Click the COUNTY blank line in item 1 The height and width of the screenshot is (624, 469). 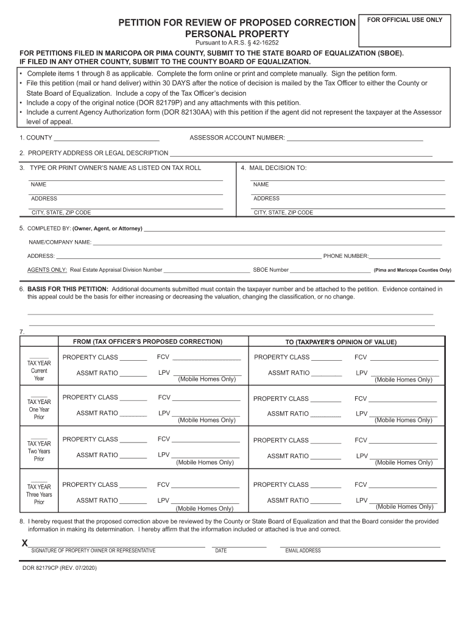[x=107, y=138]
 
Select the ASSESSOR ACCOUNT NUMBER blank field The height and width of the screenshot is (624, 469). [x=354, y=138]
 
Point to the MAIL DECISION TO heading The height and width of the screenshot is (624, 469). [x=277, y=168]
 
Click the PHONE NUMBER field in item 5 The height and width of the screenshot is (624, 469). [x=404, y=256]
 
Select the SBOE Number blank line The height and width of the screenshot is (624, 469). [x=330, y=269]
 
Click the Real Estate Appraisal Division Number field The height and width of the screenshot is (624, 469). [x=206, y=269]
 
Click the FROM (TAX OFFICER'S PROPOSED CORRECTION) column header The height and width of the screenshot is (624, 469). [x=148, y=341]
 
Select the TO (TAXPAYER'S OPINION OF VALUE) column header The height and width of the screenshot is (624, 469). [x=340, y=342]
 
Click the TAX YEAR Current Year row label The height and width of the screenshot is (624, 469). [x=39, y=370]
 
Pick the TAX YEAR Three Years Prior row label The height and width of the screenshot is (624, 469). [x=39, y=494]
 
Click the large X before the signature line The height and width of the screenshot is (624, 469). [x=25, y=543]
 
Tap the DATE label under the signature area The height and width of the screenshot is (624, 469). [x=221, y=551]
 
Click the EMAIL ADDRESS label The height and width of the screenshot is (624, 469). [x=303, y=551]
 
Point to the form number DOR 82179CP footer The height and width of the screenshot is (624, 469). [x=59, y=568]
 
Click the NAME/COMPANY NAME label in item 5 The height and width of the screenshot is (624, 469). [x=59, y=243]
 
